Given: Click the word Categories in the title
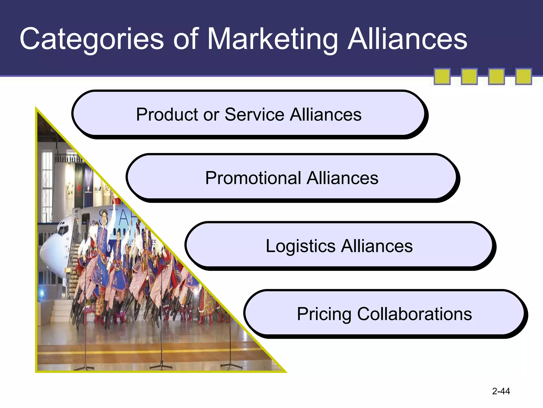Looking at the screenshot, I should pos(92,39).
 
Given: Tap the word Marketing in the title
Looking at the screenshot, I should pos(272,39).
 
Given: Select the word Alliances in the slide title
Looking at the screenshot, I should pos(407,39).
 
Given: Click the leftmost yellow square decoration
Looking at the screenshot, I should pos(442,76).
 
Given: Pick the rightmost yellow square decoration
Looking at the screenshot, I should pos(523,76).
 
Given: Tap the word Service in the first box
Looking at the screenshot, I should pos(254,114).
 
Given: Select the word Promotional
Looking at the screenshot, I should pos(253,178).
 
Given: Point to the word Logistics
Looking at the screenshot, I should pos(300,246).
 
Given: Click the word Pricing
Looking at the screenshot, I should pos(324,314).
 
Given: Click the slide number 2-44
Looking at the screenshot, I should pos(501,391).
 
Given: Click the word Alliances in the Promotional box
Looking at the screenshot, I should pos(342,178).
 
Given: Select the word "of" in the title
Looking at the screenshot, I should pos(186,39).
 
